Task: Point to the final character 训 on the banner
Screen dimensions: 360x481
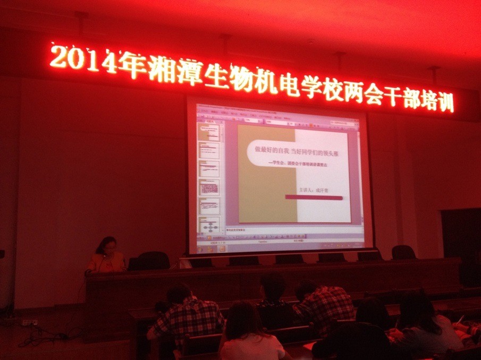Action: coord(445,101)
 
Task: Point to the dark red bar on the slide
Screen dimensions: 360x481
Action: coord(314,197)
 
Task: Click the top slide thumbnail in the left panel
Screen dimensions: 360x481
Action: coord(209,132)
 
